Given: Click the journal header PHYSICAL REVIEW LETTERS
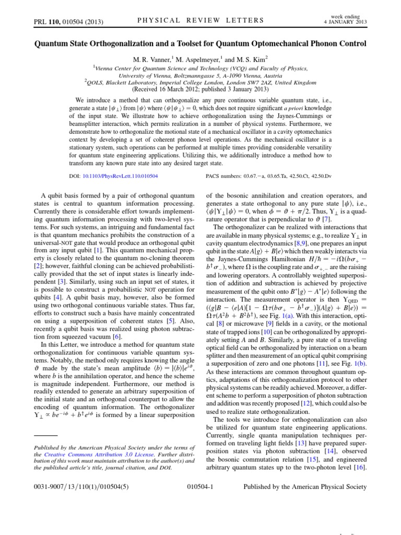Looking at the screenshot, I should pos(201,20).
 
